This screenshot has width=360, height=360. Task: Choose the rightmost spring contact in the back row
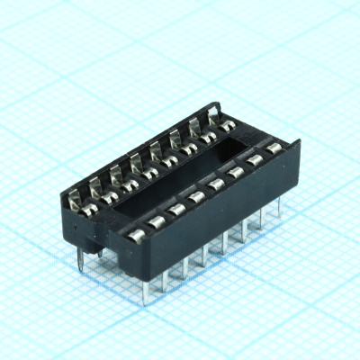214,115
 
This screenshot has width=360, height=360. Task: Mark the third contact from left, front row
176,210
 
